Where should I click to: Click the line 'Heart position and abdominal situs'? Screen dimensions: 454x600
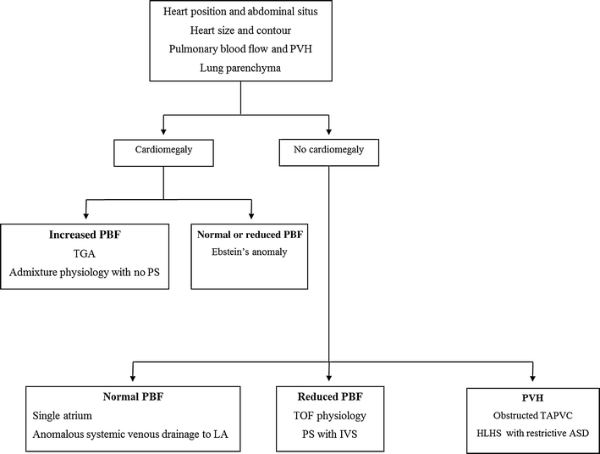[241, 11]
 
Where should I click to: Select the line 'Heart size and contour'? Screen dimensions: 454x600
[241, 30]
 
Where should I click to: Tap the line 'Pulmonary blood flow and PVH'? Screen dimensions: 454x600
[241, 50]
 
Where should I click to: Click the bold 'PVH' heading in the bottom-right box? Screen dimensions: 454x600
[531, 398]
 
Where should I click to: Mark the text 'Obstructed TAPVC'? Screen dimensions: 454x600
[531, 417]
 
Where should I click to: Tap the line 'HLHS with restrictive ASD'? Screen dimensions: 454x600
[531, 436]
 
